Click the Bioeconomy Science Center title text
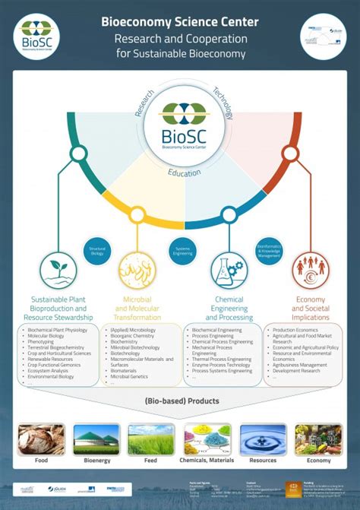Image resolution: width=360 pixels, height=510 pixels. (179, 22)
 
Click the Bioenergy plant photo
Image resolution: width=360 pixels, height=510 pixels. (96, 439)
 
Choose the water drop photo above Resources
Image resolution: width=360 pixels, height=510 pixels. (263, 439)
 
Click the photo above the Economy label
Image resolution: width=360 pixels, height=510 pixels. (318, 439)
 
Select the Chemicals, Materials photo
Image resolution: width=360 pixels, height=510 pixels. (207, 439)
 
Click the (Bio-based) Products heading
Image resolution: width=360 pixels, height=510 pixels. (181, 401)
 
